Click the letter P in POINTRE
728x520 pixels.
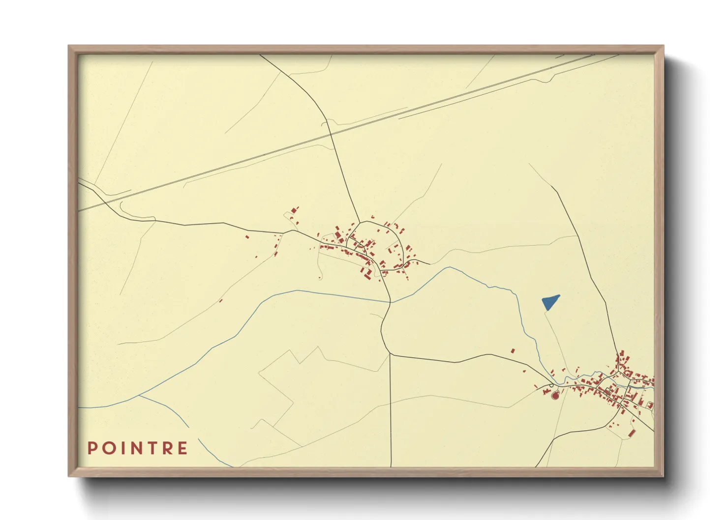(x=92, y=448)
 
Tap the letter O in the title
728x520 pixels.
(x=108, y=448)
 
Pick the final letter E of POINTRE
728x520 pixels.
(x=182, y=448)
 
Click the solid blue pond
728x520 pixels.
(x=549, y=301)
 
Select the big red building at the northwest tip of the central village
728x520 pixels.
(x=294, y=210)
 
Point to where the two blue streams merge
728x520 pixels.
(x=139, y=395)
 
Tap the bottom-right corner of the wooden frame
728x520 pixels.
(x=663, y=475)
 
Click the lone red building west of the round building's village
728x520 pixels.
(x=513, y=351)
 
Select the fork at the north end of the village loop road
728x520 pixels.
(x=361, y=222)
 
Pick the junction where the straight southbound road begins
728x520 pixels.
(x=390, y=354)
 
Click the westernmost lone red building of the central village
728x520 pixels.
(x=247, y=237)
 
